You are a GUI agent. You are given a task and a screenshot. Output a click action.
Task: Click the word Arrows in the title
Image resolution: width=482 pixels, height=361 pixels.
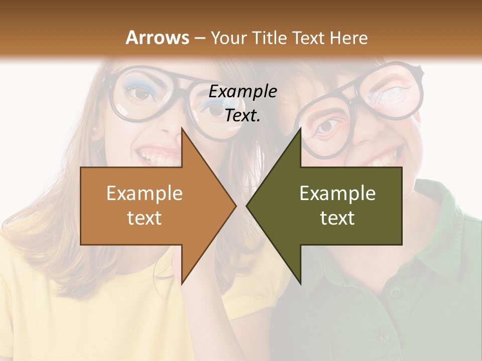pos(157,38)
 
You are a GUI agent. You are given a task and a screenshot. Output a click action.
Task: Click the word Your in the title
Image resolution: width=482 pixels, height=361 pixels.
pos(228,38)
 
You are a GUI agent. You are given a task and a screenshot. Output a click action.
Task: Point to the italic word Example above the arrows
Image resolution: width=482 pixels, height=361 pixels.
pos(243,92)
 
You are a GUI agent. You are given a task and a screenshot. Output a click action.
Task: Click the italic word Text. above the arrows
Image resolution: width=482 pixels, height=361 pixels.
pos(243,116)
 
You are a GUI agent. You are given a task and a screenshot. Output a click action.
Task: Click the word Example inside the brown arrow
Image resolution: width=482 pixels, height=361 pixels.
pos(144,194)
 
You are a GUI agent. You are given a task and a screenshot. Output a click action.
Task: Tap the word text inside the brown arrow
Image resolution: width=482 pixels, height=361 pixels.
pos(144,218)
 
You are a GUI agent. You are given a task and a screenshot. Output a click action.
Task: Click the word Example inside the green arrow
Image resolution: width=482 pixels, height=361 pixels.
pos(337,194)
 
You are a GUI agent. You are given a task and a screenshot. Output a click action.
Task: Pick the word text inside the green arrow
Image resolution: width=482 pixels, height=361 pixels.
pos(337,218)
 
